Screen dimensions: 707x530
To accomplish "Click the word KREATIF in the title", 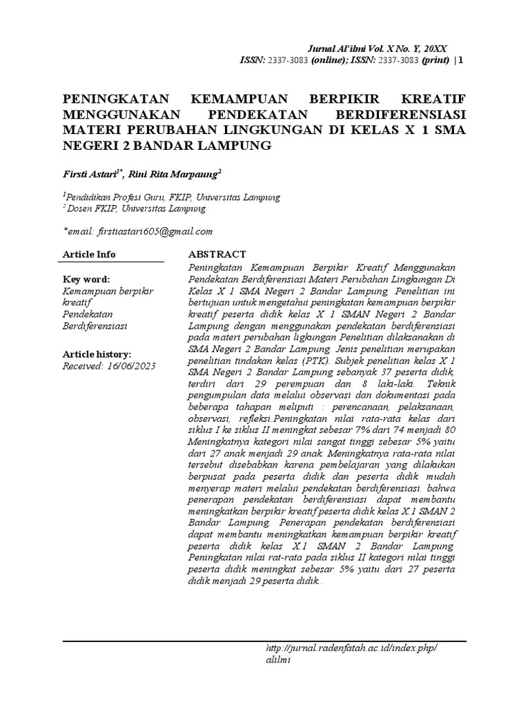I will point(430,97).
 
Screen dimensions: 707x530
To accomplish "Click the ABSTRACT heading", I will point(217,254).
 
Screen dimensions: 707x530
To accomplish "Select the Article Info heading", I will point(89,254).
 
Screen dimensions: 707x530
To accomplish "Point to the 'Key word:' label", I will point(86,279).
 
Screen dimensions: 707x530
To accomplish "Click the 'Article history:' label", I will point(97,353).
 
